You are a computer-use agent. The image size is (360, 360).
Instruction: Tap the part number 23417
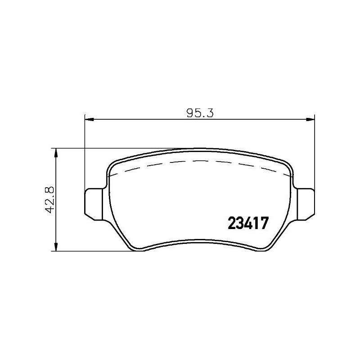click(249, 223)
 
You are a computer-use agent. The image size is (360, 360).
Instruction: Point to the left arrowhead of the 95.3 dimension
click(88, 119)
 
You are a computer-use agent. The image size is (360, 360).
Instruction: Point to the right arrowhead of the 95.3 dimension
click(310, 119)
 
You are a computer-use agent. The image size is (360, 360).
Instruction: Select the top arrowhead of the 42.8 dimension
click(56, 152)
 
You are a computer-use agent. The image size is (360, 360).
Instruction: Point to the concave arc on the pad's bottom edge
click(200, 240)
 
